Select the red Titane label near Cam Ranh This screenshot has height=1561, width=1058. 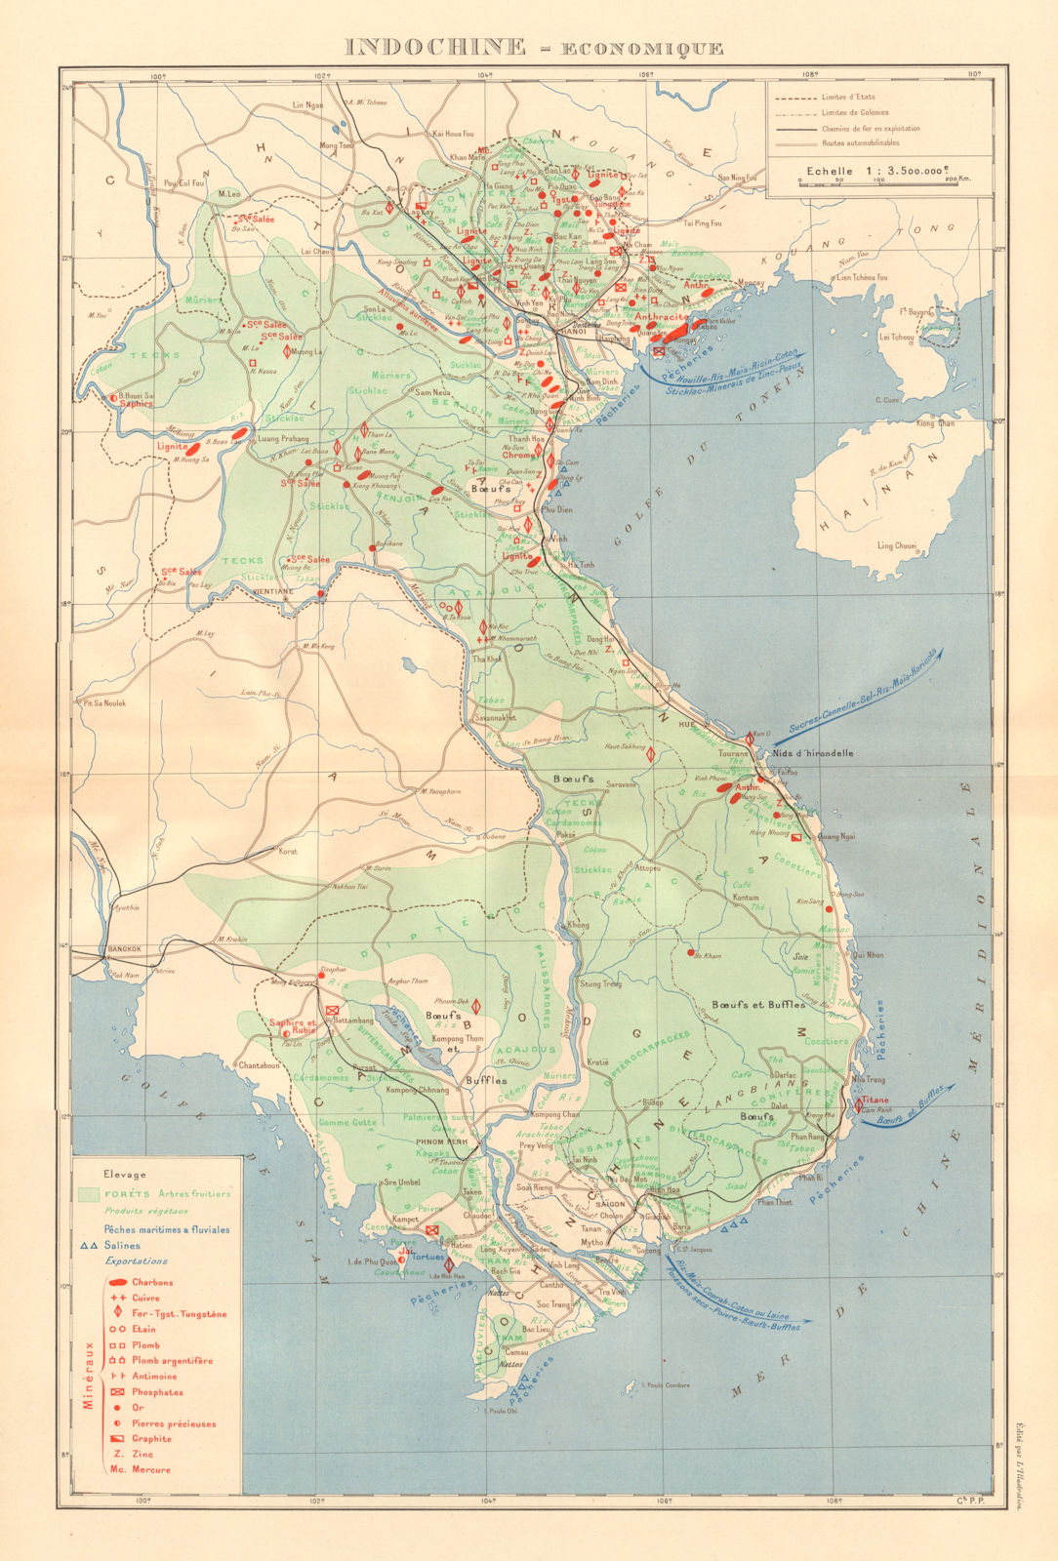[x=875, y=1100]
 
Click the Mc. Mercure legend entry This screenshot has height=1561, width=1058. [x=140, y=1469]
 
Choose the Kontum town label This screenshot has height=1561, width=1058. [x=747, y=897]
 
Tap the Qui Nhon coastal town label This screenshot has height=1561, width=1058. [x=867, y=954]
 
